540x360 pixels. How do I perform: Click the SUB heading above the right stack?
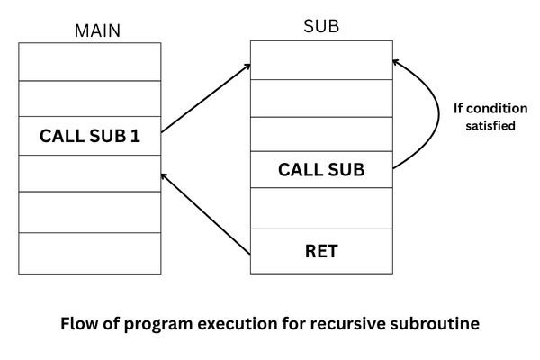click(x=321, y=26)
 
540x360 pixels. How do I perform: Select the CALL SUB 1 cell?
click(x=89, y=138)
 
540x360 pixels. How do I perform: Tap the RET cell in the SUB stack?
click(x=321, y=251)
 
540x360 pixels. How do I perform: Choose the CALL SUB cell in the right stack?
click(x=321, y=169)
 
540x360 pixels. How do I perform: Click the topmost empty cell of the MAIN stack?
click(x=89, y=61)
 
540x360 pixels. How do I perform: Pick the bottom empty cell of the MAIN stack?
click(x=89, y=253)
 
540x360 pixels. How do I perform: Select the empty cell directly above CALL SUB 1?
click(x=89, y=99)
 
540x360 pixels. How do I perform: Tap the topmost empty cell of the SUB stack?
click(x=321, y=59)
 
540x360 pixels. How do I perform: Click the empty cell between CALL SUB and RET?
click(x=321, y=208)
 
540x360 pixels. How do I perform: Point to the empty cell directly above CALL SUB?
click(x=321, y=134)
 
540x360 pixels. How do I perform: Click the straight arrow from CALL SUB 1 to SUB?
click(x=205, y=100)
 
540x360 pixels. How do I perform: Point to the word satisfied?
click(x=490, y=127)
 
